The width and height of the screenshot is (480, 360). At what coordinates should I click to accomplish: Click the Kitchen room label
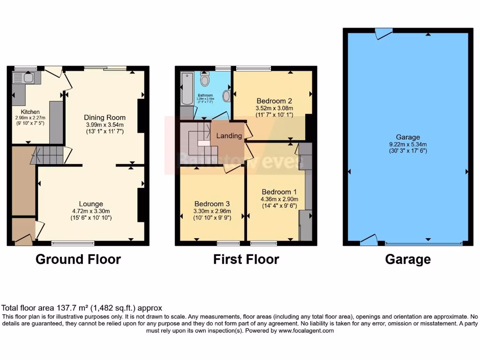pyautogui.click(x=27, y=112)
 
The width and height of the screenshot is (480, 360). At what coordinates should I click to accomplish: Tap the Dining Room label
pyautogui.click(x=105, y=117)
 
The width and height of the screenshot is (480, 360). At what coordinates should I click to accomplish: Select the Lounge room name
pyautogui.click(x=91, y=204)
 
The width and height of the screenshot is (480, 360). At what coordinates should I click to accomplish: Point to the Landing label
pyautogui.click(x=229, y=136)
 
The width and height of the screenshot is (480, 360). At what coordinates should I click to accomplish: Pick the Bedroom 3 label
pyautogui.click(x=212, y=204)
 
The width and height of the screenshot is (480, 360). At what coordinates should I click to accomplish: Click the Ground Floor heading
pyautogui.click(x=78, y=259)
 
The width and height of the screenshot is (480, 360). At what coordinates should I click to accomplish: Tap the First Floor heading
pyautogui.click(x=246, y=259)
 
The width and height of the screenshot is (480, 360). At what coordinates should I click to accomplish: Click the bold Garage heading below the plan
pyautogui.click(x=407, y=259)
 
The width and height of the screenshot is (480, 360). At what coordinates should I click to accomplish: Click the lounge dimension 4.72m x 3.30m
pyautogui.click(x=91, y=211)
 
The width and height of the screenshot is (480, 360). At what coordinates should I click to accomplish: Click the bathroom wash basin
pyautogui.click(x=226, y=96)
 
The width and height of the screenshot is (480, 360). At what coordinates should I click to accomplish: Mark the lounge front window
pyautogui.click(x=73, y=243)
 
